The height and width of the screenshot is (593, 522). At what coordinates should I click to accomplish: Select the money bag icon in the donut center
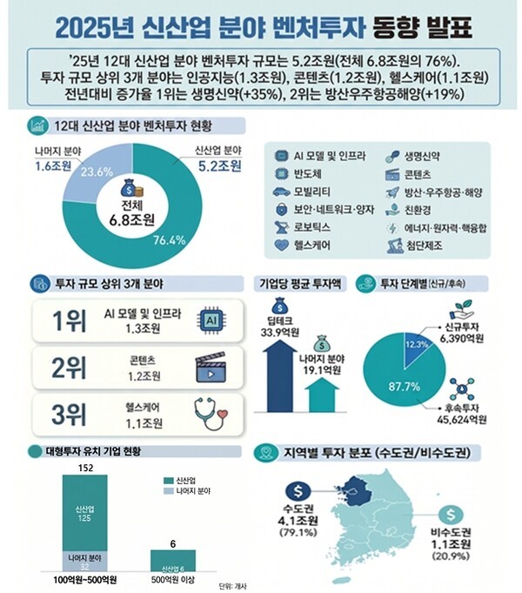(126, 185)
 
